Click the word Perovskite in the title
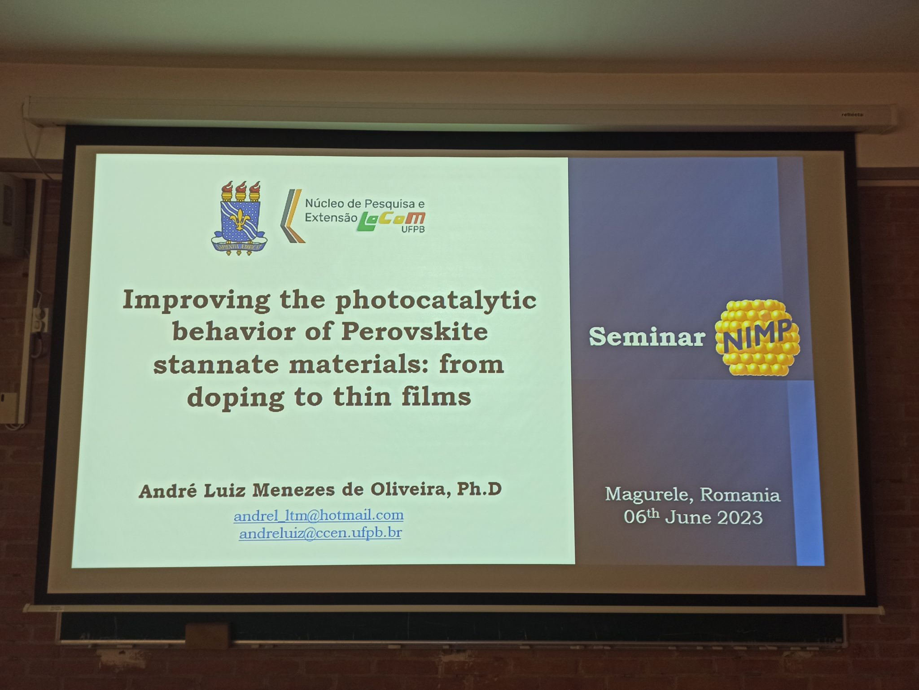point(414,332)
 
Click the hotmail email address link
point(319,515)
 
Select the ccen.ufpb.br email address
point(320,533)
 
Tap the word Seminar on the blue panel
point(647,336)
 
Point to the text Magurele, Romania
point(692,495)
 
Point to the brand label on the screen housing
point(853,114)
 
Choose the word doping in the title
point(236,398)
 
